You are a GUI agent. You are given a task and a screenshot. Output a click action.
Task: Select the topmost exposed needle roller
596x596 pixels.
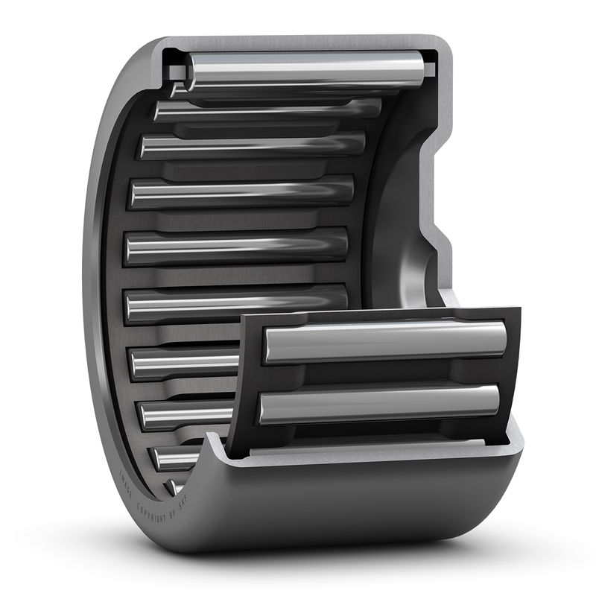click(305, 69)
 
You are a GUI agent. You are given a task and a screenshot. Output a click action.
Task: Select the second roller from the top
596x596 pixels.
click(268, 110)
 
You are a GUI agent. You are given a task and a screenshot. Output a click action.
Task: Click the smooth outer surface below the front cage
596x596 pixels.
click(372, 507)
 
